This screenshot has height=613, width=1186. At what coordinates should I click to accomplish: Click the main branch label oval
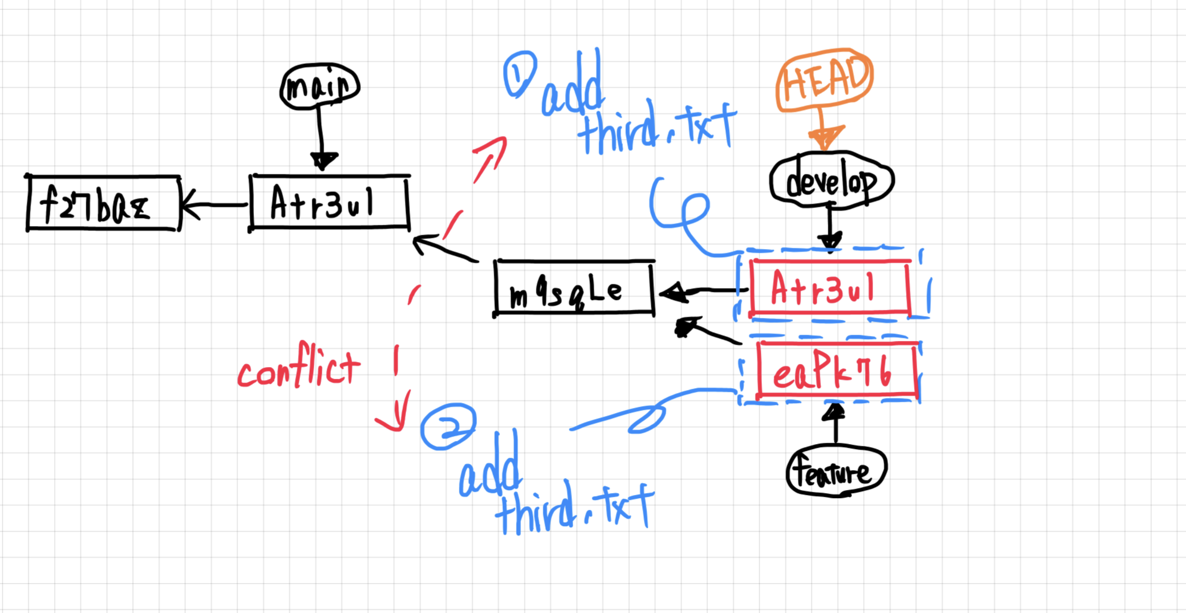320,86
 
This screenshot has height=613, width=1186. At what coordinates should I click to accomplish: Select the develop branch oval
831,181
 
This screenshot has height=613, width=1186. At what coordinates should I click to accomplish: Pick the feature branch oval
836,472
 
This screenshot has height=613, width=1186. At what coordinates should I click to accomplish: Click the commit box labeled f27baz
103,204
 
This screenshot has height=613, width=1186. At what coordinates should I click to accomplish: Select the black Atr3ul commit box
329,202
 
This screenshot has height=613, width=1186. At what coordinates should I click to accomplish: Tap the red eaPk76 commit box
836,371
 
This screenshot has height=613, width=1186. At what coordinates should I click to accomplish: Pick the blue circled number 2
448,426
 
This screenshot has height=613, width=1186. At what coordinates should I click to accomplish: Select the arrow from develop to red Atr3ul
830,227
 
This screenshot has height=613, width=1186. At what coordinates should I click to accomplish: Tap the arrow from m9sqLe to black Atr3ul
444,248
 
